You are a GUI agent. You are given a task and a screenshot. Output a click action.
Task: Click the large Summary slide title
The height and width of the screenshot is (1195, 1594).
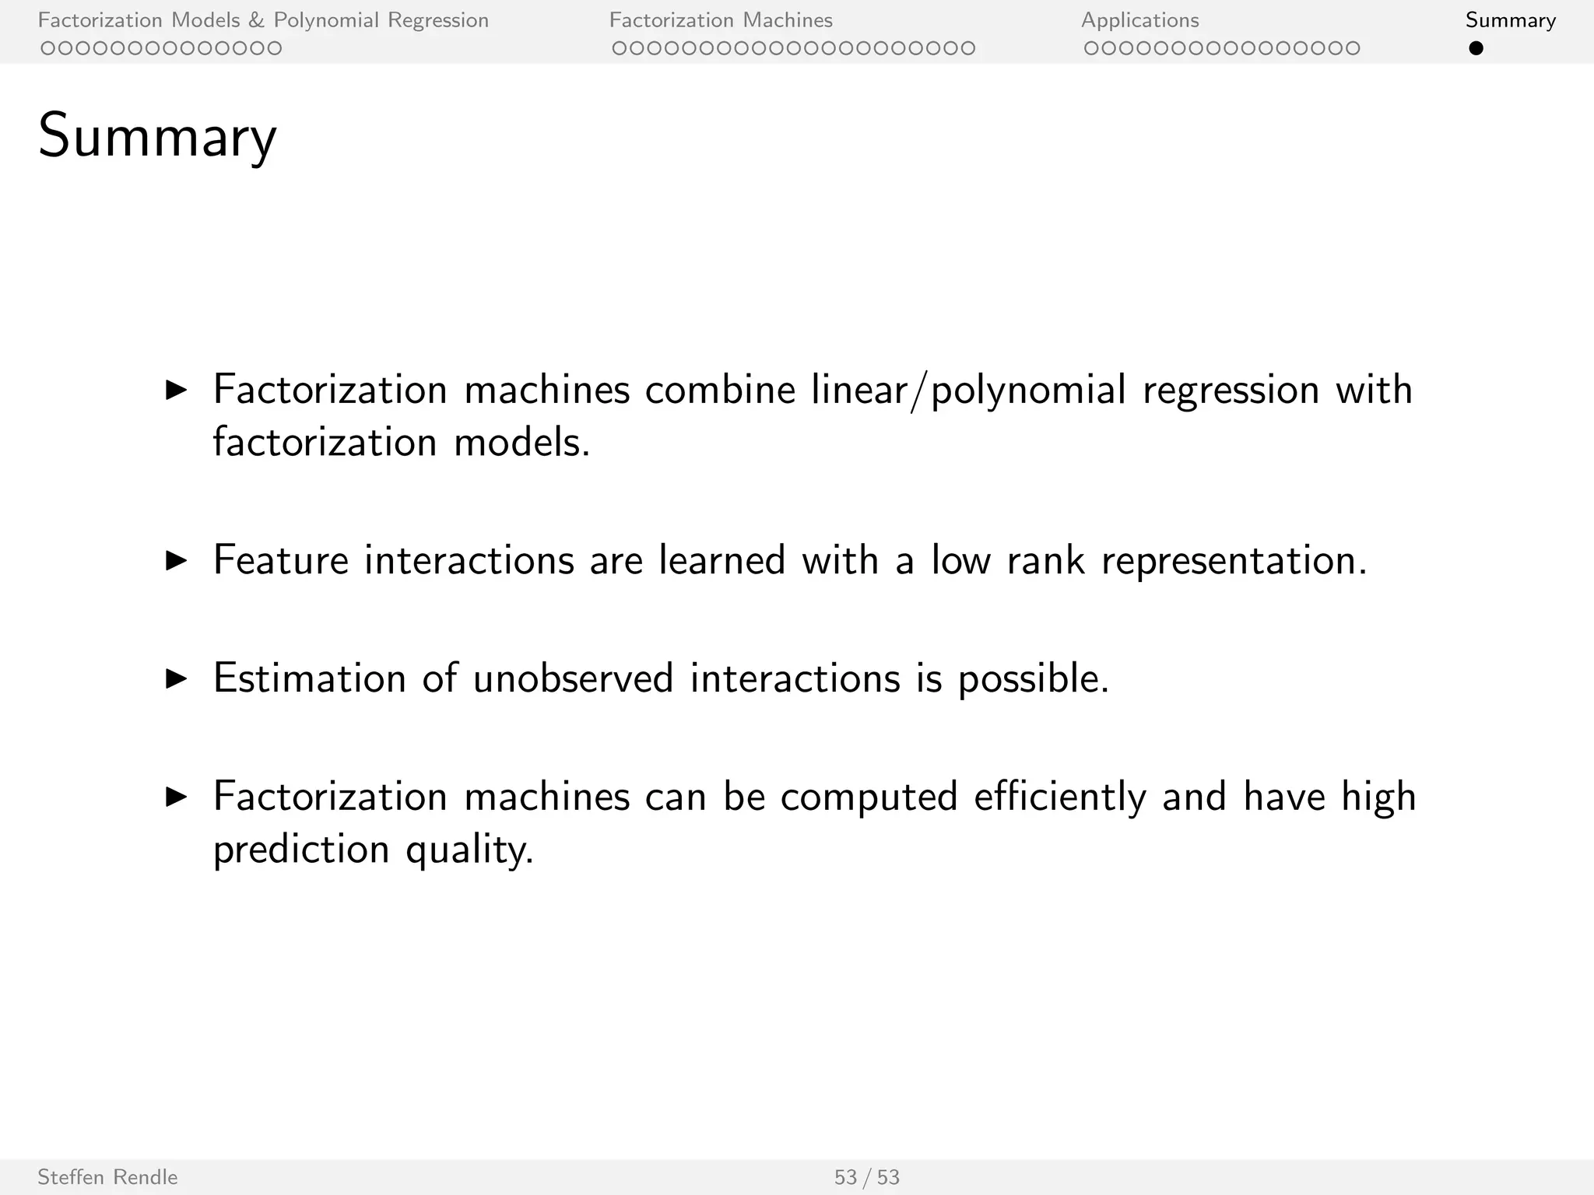click(x=157, y=137)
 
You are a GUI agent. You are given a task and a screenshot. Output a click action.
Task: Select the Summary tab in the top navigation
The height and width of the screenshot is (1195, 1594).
click(x=1510, y=20)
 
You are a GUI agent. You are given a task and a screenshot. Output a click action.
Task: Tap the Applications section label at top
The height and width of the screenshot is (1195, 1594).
click(x=1139, y=20)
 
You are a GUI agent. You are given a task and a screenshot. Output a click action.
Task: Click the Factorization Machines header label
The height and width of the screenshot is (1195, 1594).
click(x=721, y=20)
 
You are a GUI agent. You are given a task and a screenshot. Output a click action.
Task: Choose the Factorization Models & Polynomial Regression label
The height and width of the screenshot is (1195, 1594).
click(x=263, y=20)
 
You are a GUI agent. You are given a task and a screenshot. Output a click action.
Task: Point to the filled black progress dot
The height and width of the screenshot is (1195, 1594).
click(x=1476, y=48)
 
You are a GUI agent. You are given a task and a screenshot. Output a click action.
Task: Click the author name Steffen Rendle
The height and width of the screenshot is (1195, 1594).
click(x=107, y=1177)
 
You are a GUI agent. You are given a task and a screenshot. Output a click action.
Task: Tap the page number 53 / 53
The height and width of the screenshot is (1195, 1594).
click(x=866, y=1177)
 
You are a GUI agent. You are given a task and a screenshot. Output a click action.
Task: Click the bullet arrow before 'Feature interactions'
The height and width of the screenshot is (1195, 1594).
click(x=177, y=561)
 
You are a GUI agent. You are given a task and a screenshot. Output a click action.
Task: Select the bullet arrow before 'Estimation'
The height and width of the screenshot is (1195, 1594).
click(x=177, y=679)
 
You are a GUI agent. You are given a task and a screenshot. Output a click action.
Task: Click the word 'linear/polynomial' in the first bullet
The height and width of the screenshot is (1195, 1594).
click(x=968, y=390)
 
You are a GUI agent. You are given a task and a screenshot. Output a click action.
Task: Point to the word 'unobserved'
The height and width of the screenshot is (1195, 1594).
click(x=573, y=678)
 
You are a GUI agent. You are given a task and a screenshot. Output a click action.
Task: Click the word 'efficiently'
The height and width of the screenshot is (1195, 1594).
click(x=1059, y=797)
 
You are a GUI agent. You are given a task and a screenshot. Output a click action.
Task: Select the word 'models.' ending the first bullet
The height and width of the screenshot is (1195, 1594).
click(x=522, y=443)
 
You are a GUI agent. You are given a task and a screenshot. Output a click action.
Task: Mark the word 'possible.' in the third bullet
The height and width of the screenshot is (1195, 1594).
click(x=1033, y=678)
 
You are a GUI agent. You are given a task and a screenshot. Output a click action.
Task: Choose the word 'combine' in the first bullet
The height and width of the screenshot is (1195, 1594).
click(x=720, y=390)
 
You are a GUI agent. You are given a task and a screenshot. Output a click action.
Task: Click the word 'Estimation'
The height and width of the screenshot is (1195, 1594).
click(x=310, y=678)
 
